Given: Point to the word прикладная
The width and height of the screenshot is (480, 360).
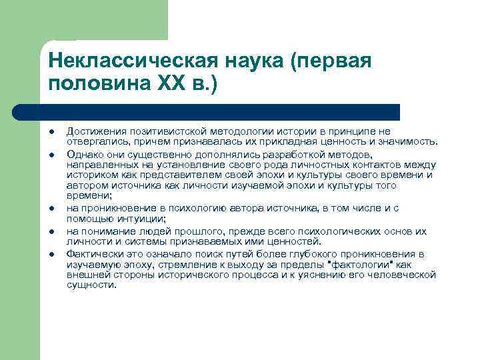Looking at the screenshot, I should [315, 142].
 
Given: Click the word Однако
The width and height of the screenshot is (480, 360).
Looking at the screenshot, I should [83, 154].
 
